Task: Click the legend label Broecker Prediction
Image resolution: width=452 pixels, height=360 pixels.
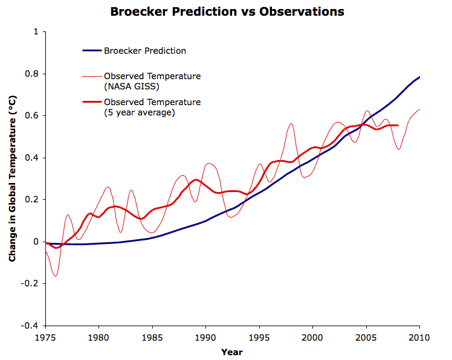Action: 144,51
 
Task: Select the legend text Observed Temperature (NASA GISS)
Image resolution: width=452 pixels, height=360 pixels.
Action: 152,81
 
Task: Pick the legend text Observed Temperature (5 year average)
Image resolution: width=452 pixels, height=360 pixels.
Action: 152,107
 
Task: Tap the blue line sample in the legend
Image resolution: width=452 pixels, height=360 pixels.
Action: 92,51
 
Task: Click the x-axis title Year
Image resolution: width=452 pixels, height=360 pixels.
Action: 232,352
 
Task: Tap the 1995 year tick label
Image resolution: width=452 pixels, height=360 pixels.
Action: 259,336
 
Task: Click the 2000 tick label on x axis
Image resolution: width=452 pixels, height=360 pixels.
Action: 312,336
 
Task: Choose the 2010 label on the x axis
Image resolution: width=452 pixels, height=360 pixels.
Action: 419,336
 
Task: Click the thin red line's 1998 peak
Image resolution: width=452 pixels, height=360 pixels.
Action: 291,124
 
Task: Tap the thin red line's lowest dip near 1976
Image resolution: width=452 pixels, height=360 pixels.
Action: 56,276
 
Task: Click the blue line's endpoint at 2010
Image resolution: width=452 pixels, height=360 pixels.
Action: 419,77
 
